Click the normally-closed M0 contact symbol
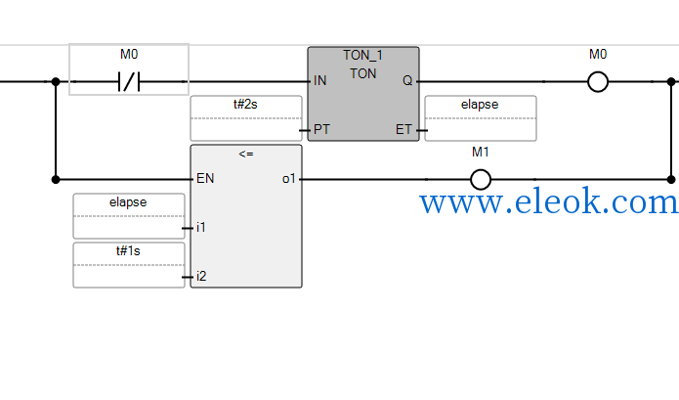[x=129, y=81]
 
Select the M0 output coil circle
[x=598, y=81]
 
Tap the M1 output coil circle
[x=481, y=179]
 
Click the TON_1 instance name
[x=362, y=55]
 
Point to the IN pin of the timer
[x=320, y=80]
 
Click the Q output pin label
[x=407, y=80]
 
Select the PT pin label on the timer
[x=321, y=129]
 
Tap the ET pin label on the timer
[x=403, y=129]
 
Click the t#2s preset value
[x=245, y=105]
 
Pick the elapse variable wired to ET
[x=480, y=105]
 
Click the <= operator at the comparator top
[x=246, y=154]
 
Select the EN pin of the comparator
[x=205, y=178]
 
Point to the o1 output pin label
[x=289, y=179]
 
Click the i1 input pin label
[x=201, y=227]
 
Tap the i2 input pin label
[x=201, y=276]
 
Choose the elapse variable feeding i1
[x=128, y=202]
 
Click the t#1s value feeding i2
[x=128, y=251]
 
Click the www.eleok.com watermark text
[x=548, y=201]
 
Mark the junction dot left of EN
[x=56, y=179]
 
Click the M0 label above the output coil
[x=598, y=54]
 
